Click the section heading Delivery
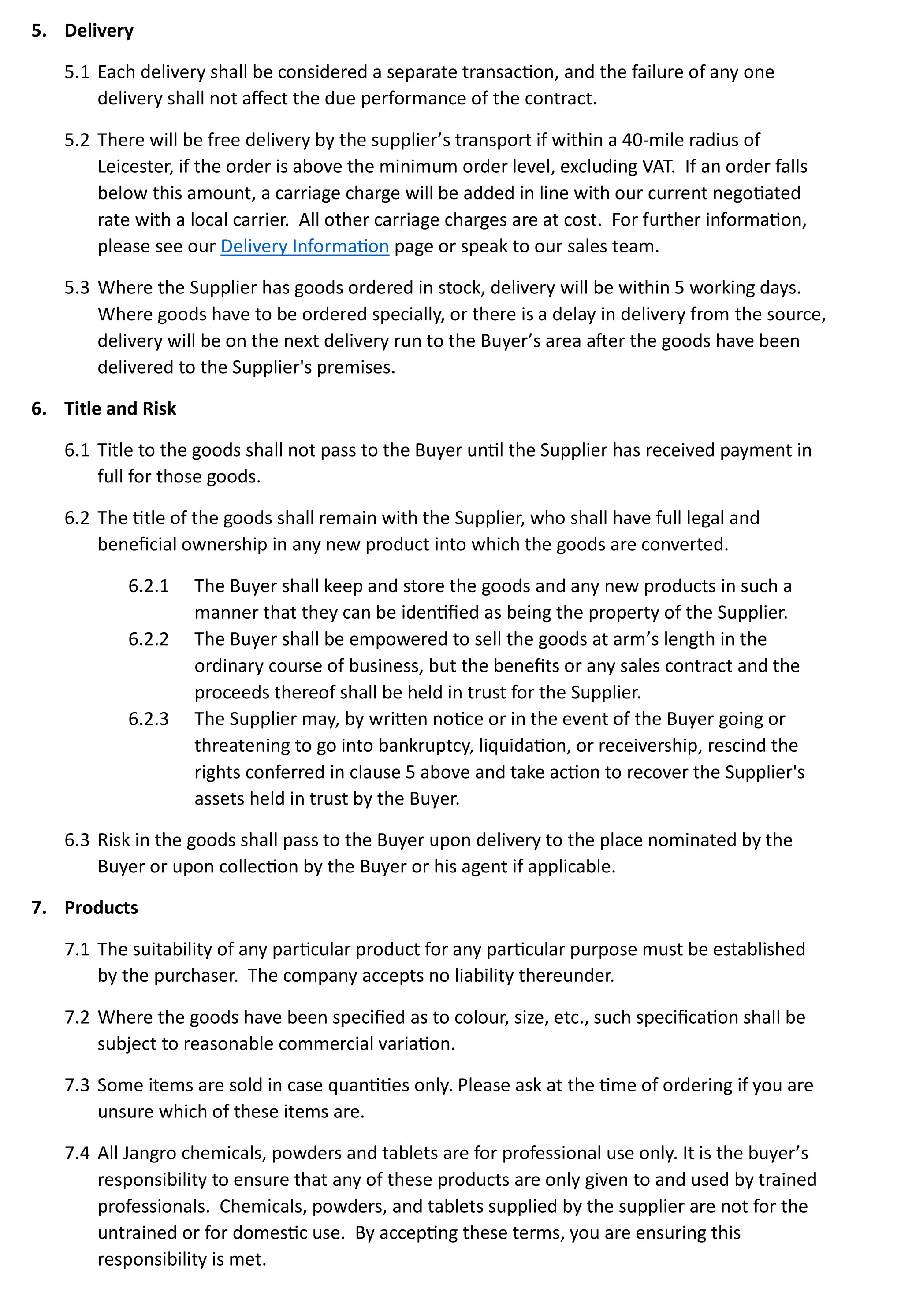(x=99, y=30)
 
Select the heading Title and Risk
(x=120, y=408)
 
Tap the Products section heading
(x=101, y=907)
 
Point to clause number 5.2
(x=77, y=140)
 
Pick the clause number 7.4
(x=77, y=1153)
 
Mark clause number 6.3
(x=77, y=840)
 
